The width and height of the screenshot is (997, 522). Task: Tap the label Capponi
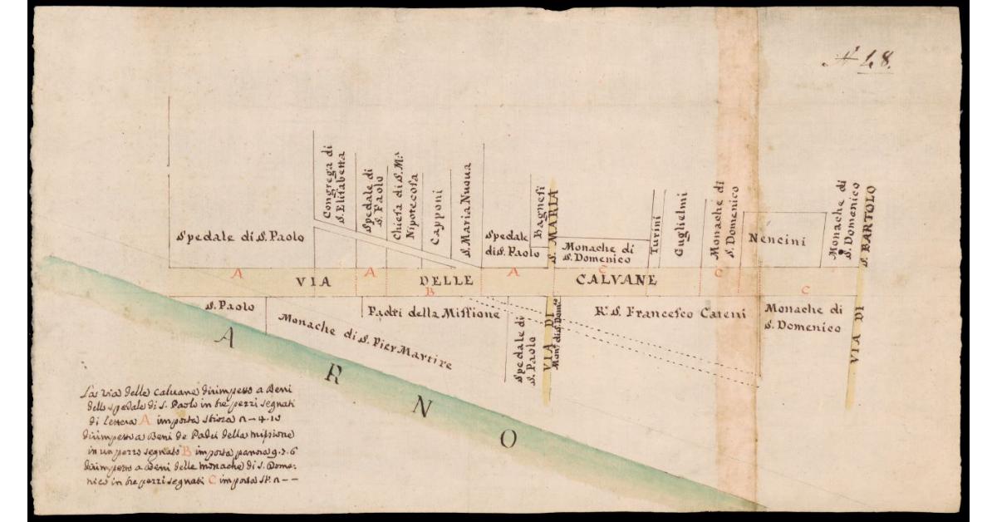coord(437,219)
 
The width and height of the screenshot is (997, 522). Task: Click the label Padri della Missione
coord(432,313)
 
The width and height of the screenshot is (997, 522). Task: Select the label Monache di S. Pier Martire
coord(365,342)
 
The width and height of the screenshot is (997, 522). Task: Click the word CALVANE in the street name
coord(616,280)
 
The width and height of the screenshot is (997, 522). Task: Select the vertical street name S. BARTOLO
coord(869,218)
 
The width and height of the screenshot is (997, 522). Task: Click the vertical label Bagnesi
coord(538,216)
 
